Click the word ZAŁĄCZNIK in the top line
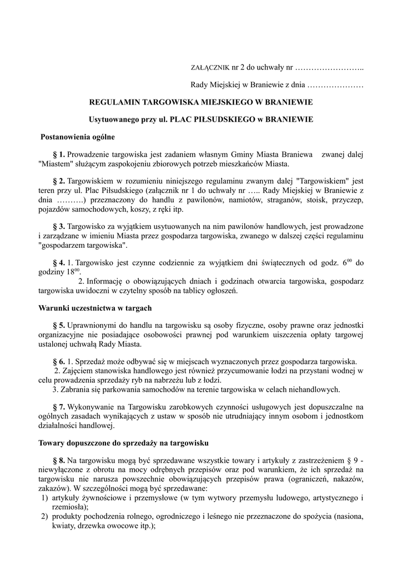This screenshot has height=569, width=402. [x=209, y=68]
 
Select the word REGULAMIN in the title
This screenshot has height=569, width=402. [x=115, y=102]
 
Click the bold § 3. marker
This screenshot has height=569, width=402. [x=58, y=227]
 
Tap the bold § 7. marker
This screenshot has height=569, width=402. [x=58, y=407]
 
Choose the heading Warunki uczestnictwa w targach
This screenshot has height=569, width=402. [x=94, y=307]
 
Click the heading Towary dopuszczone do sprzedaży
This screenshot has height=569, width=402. [x=123, y=443]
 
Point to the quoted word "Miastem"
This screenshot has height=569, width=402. [x=54, y=164]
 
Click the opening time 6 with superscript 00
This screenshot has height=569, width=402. [x=346, y=262]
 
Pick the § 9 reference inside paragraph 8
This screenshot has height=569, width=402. [x=351, y=461]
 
